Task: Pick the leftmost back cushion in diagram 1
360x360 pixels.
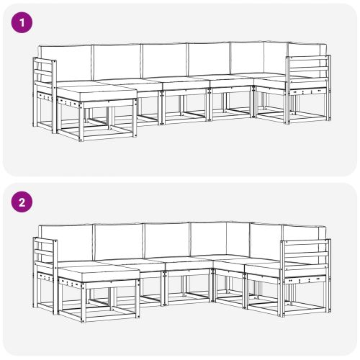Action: (x=65, y=64)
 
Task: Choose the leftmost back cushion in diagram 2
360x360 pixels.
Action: (x=66, y=243)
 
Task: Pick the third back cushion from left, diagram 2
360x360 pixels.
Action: (x=167, y=240)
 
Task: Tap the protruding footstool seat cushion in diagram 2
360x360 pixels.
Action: (x=97, y=272)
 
